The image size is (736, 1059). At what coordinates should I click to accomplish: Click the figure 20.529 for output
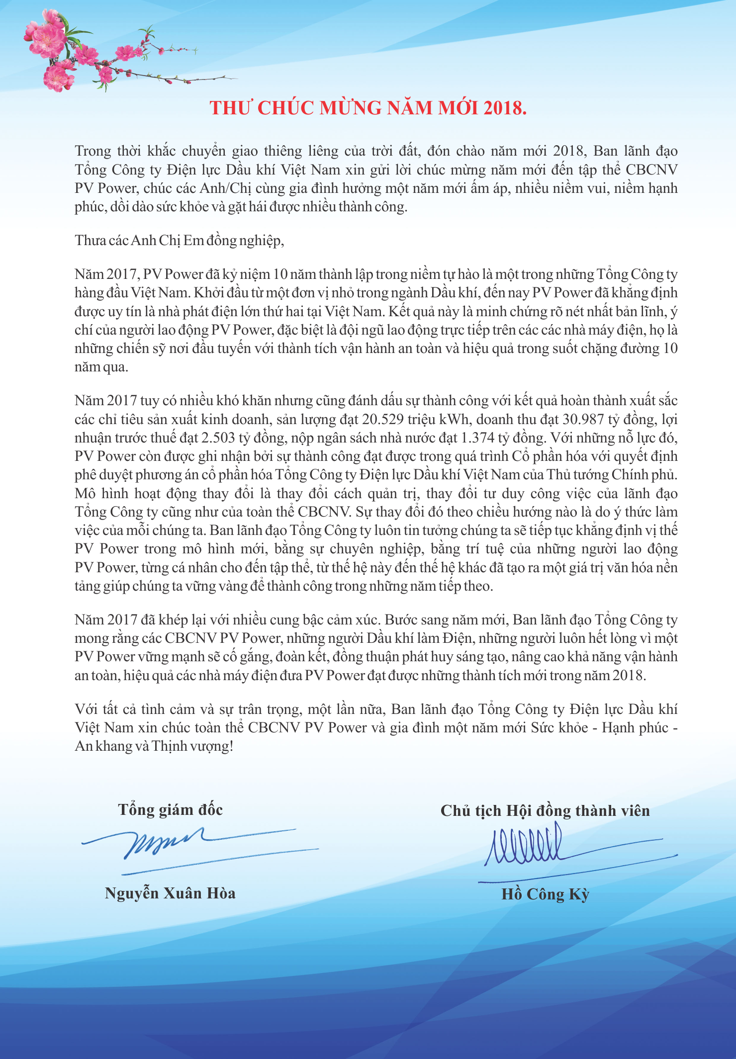382,420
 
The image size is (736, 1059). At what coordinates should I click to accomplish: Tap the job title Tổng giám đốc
170,810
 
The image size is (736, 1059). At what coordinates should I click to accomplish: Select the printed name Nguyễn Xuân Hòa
170,893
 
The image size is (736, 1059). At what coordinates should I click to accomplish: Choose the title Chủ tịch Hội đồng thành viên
545,811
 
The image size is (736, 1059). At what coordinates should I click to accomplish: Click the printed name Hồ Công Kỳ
545,894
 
